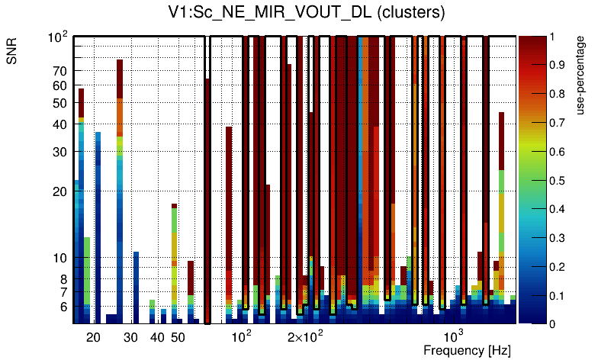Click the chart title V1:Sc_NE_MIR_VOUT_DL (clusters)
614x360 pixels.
coord(307,13)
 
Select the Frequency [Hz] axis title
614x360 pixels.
coord(467,350)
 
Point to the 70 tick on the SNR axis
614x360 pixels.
coord(59,71)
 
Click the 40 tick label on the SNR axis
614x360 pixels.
coord(59,124)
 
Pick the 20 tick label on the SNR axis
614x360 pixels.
coord(59,191)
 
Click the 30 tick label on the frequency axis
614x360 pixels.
coord(130,337)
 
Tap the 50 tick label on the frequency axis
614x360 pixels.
coord(177,337)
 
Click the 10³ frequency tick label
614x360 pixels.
coord(454,336)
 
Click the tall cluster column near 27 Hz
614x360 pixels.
coord(120,191)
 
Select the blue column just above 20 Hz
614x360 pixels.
coord(98,229)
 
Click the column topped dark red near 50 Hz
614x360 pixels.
coord(174,259)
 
